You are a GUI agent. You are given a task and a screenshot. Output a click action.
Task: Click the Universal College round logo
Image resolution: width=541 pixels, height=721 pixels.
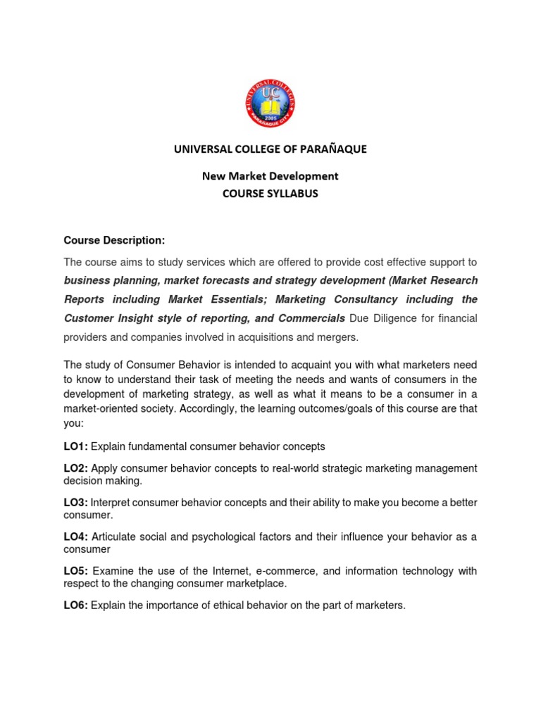point(270,104)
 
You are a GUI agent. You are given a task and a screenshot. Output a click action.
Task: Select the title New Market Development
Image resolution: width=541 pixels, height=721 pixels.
point(270,175)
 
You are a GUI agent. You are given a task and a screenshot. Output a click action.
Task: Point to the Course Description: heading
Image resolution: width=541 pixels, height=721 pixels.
point(114,241)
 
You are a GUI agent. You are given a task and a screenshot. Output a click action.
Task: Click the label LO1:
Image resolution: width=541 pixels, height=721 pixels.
point(75,446)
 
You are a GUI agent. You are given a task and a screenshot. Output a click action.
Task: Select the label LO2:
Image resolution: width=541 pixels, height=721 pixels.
point(75,468)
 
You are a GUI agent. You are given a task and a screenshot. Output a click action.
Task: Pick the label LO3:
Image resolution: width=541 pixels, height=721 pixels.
point(75,503)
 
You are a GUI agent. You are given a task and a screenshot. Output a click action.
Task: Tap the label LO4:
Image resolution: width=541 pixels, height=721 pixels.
point(75,537)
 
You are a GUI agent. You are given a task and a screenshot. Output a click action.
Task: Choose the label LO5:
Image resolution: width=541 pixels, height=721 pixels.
point(75,571)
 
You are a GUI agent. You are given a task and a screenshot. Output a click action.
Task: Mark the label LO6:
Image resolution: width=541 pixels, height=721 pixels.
point(75,606)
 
